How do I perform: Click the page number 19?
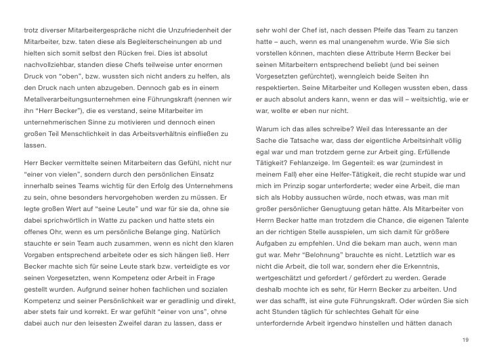[463, 338]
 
